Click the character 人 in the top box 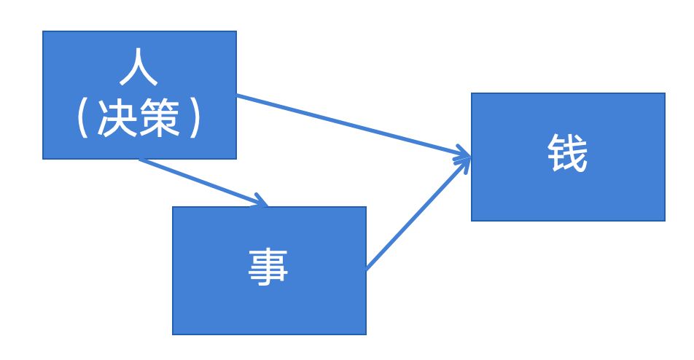[x=139, y=71]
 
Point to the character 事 [x=268, y=267]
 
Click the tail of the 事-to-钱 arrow [x=367, y=270]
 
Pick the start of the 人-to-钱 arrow [x=238, y=95]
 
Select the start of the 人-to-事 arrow [x=140, y=160]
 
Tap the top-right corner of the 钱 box [x=665, y=93]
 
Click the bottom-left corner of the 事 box [x=173, y=334]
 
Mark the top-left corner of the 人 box [x=43, y=31]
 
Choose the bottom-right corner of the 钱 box [x=665, y=220]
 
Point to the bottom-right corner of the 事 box [x=366, y=334]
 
